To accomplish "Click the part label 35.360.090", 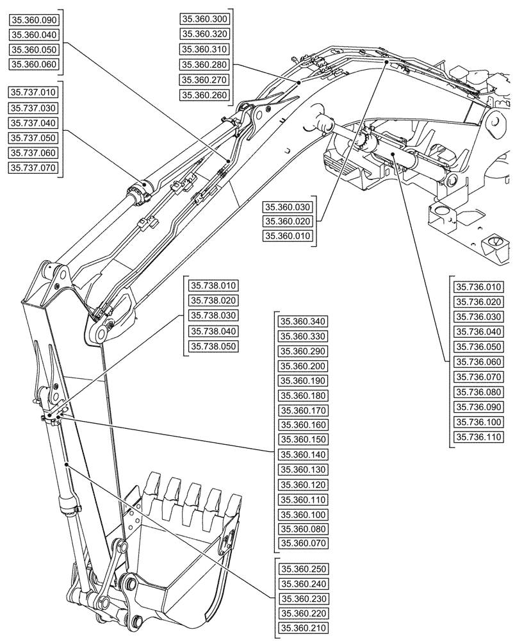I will tap(34, 20).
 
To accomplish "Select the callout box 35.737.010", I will tap(34, 93).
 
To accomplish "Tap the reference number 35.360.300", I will tap(204, 20).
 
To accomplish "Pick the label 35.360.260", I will tap(204, 95).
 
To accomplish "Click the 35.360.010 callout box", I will tap(289, 237).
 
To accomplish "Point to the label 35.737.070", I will tap(34, 168).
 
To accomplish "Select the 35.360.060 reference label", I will tap(34, 64).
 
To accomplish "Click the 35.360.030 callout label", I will tap(289, 206).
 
